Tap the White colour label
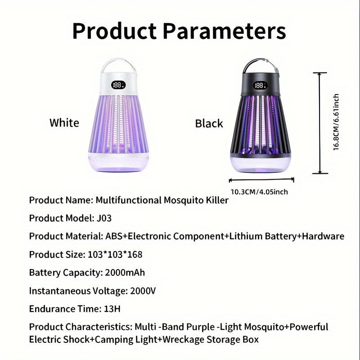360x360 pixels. coord(64,123)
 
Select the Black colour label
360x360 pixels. coord(209,123)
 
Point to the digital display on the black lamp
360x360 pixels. coord(260,85)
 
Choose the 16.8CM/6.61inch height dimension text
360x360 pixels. coord(336,122)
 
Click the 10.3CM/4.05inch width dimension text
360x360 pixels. coord(259,192)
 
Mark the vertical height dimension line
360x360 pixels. coord(320,122)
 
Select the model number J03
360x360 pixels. coord(104,218)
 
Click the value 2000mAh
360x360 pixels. coord(125,272)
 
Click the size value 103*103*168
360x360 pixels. coord(113,254)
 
